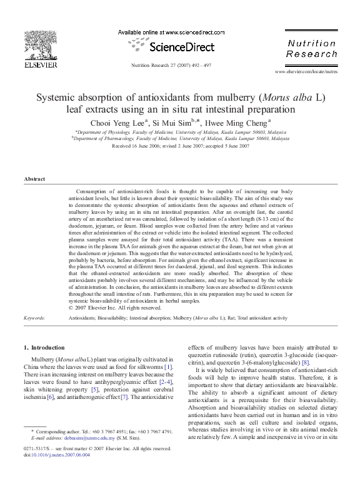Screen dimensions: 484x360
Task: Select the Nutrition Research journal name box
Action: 311,49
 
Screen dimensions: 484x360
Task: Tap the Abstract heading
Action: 34,179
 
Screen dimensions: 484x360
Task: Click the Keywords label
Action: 34,318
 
